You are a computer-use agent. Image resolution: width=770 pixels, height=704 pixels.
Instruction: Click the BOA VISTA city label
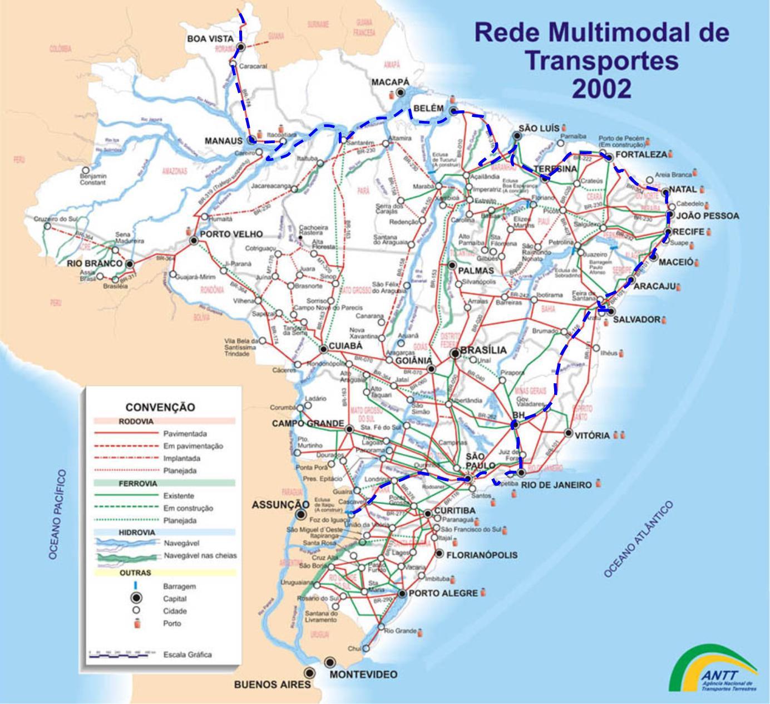coord(210,38)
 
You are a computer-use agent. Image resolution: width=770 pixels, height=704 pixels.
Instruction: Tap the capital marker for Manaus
coord(251,140)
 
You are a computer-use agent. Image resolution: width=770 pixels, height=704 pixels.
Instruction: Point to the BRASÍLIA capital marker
coord(455,352)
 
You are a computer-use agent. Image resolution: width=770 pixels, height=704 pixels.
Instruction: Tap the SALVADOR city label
coord(636,320)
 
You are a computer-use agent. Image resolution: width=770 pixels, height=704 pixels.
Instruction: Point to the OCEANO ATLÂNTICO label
coord(639,539)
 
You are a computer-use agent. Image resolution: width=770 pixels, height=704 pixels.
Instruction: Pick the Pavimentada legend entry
coord(185,433)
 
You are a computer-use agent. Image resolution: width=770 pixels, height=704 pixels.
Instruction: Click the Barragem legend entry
coord(179,586)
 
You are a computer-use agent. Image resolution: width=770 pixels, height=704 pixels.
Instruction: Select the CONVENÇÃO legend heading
coord(160,407)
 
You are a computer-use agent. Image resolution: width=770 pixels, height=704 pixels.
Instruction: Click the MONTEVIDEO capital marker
coord(330,662)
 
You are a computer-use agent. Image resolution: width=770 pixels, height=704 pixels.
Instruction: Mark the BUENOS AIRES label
coord(272,685)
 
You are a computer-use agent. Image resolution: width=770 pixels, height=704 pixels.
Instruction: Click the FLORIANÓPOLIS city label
coord(482,555)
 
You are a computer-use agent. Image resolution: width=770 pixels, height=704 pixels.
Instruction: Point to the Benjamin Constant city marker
coord(86,170)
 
